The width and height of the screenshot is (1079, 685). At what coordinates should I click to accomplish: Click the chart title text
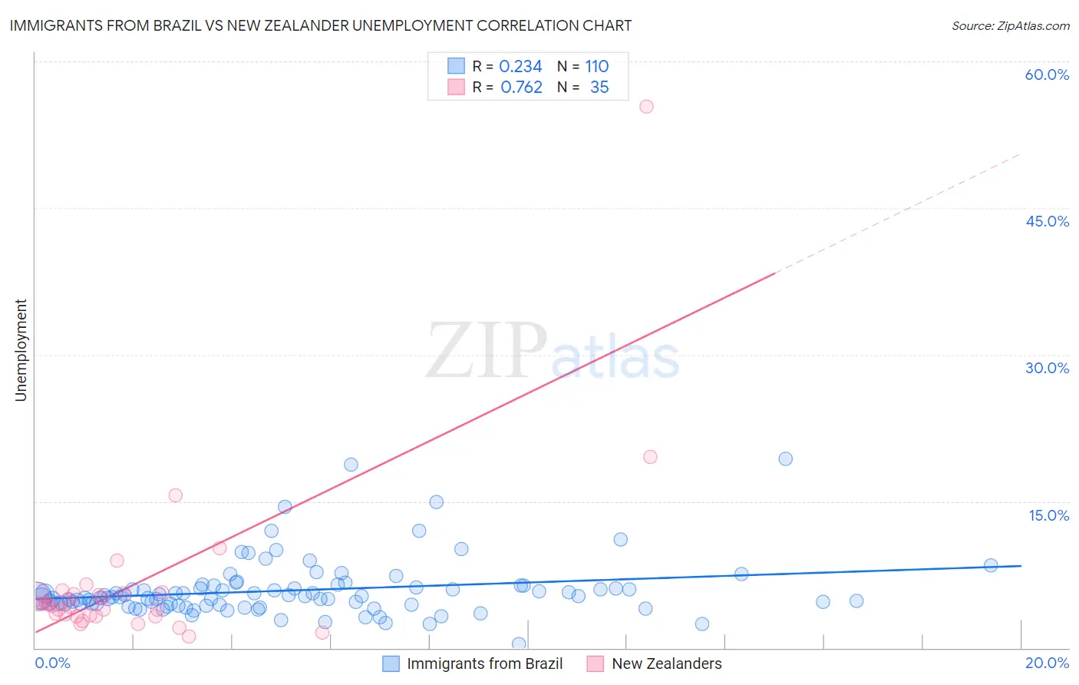[321, 25]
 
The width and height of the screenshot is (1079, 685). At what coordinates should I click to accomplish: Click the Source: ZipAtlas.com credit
[1010, 25]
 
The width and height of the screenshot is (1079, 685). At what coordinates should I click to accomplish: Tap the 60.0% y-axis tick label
[1047, 74]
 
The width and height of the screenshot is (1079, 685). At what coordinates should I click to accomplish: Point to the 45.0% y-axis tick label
[1047, 221]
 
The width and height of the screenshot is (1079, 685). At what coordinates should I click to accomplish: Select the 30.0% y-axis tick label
[1047, 368]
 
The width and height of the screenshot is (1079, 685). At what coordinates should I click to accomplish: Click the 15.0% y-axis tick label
[1048, 515]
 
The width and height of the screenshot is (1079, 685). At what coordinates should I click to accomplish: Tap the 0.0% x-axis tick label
[52, 663]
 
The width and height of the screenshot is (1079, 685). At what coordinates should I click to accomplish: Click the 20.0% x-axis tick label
[1047, 663]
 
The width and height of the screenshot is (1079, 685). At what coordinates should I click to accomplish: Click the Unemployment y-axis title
[21, 350]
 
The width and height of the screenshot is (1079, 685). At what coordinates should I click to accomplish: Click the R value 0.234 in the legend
[520, 67]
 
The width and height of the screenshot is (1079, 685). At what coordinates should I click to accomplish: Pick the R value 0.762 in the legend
[521, 88]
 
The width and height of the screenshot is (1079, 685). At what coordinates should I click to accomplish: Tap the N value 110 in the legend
[596, 67]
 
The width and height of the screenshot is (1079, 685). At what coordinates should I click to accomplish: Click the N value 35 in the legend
[599, 88]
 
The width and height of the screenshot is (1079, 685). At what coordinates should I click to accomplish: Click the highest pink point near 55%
[646, 107]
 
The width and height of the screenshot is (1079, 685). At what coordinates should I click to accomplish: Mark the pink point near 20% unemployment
[650, 457]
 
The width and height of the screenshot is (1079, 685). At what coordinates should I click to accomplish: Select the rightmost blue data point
[991, 565]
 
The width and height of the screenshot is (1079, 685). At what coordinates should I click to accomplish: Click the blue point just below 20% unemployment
[785, 459]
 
